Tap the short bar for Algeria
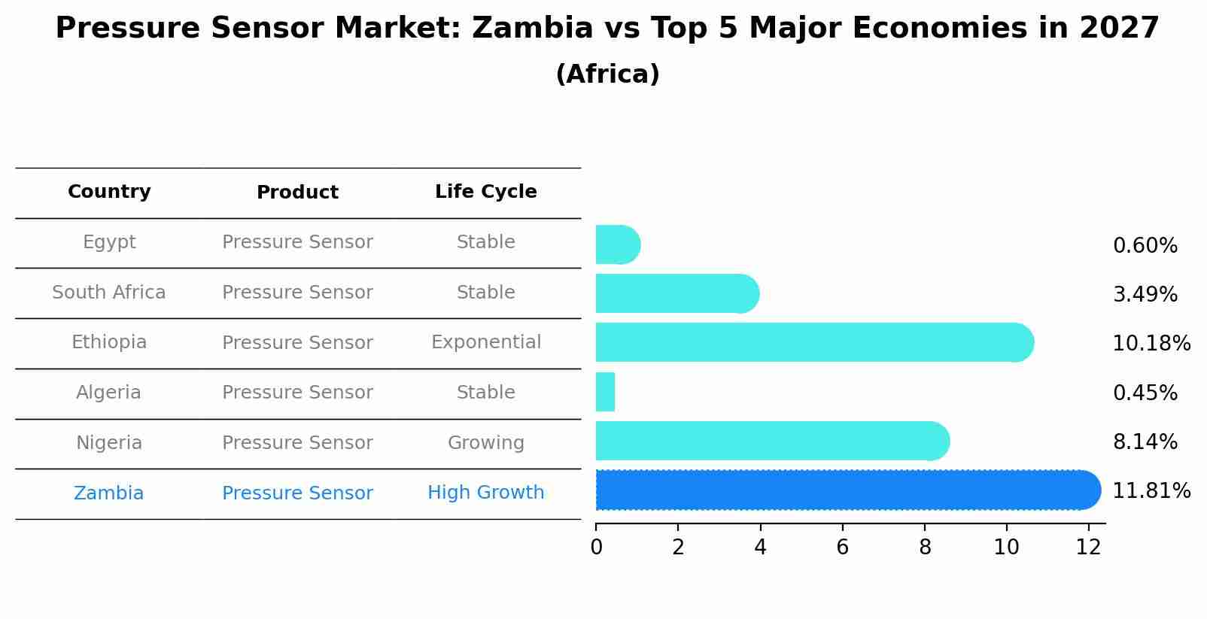pos(605,392)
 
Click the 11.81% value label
pos(1151,491)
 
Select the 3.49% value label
pos(1145,295)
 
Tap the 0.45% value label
pos(1145,393)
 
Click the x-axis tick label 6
pos(842,548)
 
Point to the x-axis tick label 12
pos(1088,548)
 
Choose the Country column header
pos(109,192)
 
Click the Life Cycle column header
pos(486,192)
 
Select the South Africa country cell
pos(109,293)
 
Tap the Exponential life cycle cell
pos(486,342)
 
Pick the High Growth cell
pos(486,493)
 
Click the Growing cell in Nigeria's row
pos(486,443)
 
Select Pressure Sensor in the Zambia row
pos(297,493)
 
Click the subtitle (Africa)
pos(607,74)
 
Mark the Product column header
pos(297,193)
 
